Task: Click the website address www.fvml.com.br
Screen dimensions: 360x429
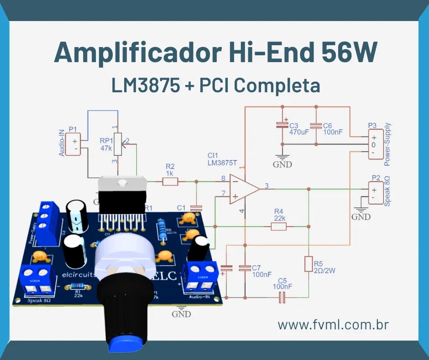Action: (x=333, y=325)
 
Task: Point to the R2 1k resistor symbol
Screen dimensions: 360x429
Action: (x=170, y=181)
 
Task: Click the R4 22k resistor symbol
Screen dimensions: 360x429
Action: (x=278, y=226)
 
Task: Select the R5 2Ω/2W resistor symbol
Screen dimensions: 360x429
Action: (x=309, y=265)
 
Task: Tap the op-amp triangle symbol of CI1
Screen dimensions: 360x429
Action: (x=242, y=188)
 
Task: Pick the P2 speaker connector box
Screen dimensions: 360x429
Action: (x=376, y=192)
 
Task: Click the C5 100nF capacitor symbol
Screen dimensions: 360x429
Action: (x=283, y=298)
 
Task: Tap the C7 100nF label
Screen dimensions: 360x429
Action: (x=262, y=271)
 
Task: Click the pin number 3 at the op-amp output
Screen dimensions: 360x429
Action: (x=267, y=185)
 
